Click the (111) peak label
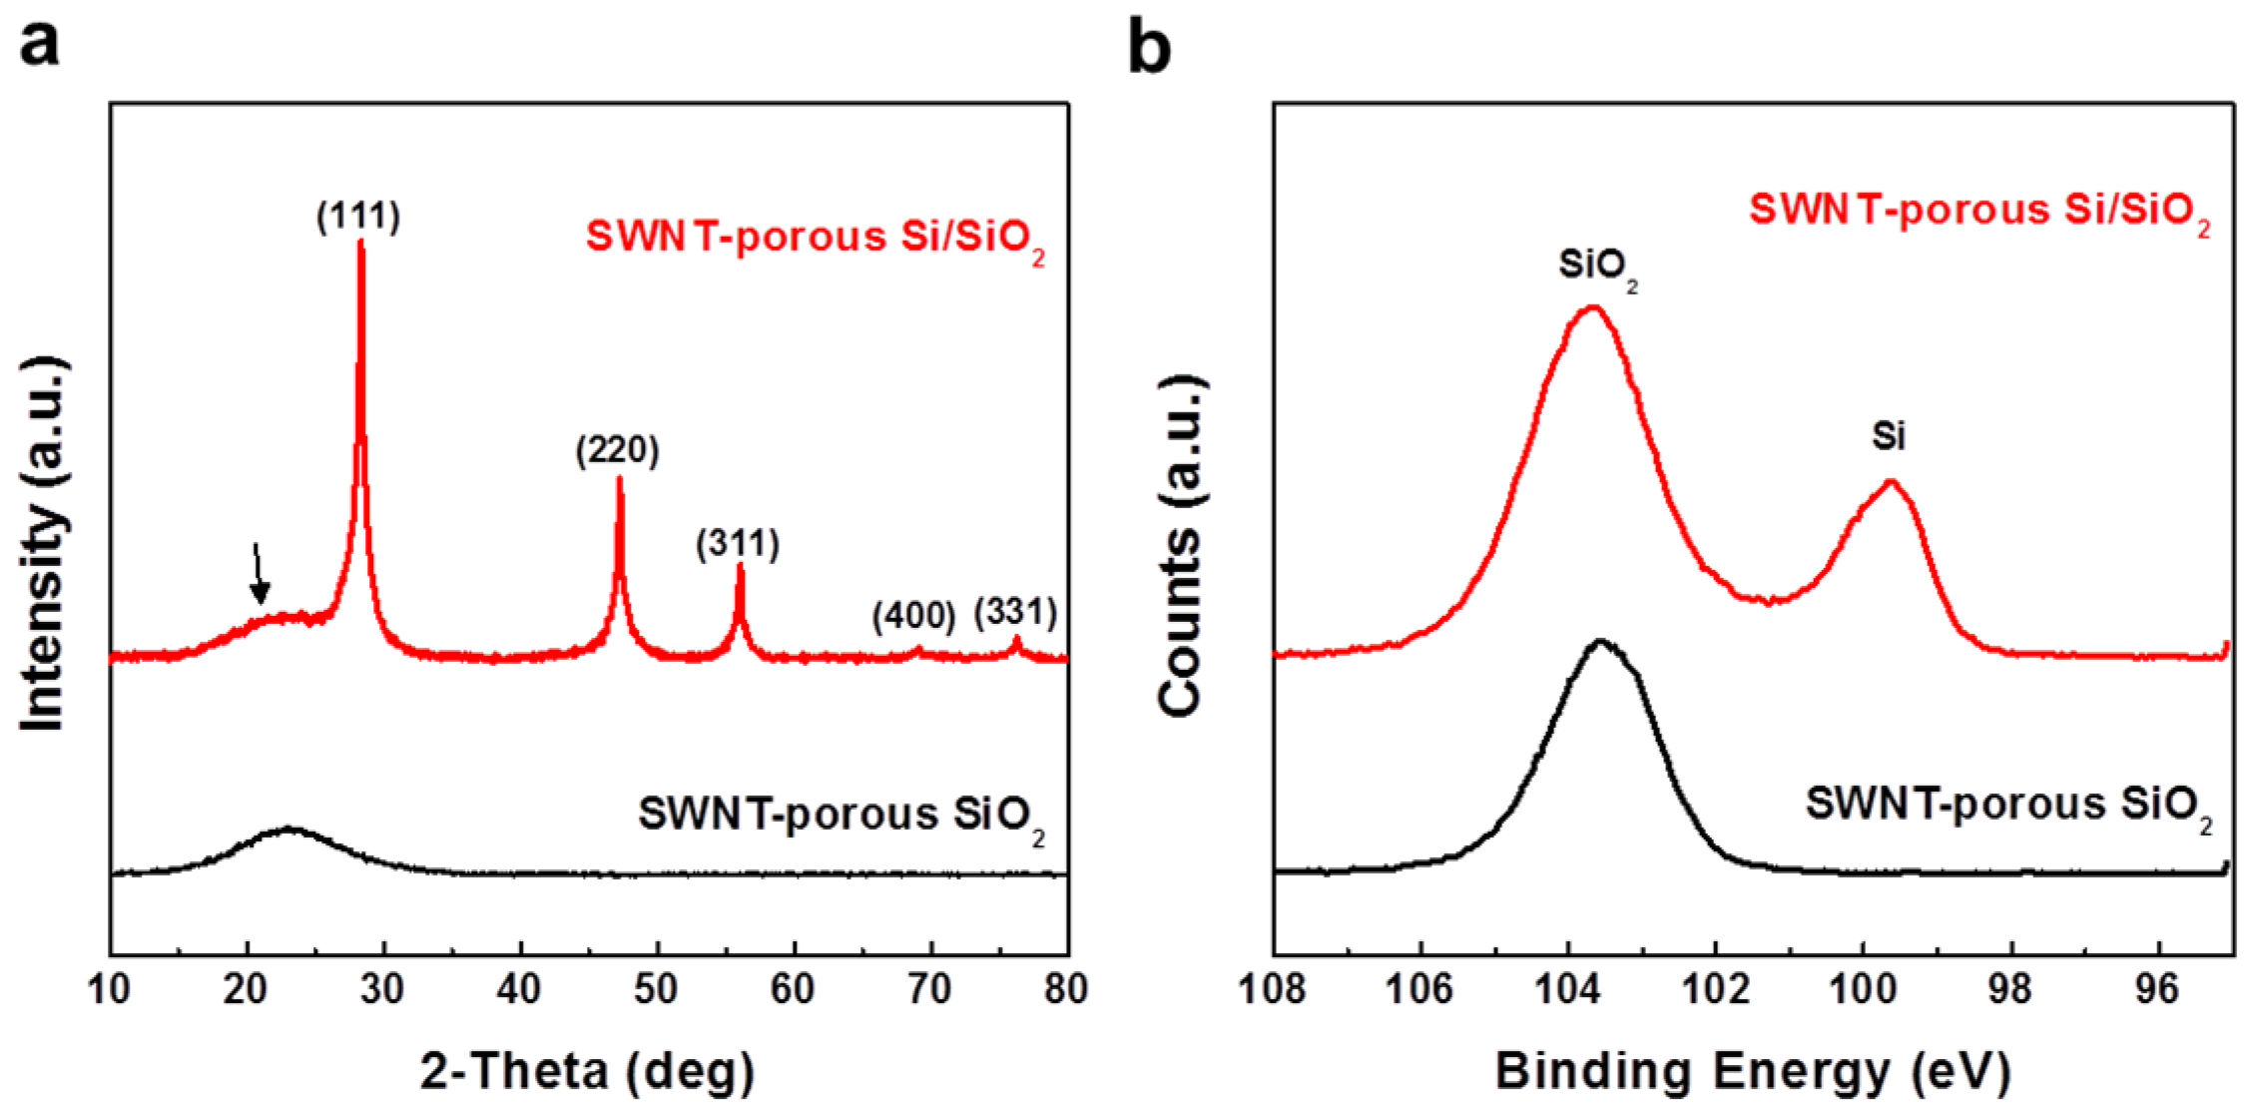click(358, 217)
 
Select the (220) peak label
click(617, 450)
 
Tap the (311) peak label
click(738, 544)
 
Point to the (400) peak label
click(913, 616)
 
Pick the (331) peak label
click(1015, 612)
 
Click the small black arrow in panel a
click(259, 573)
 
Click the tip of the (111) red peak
click(360, 241)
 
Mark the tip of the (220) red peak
click(620, 477)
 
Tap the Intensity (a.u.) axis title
click(44, 543)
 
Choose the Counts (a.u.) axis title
click(1180, 545)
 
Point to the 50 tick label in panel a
click(656, 989)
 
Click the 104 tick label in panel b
click(1568, 989)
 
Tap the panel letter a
click(39, 45)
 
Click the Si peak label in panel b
click(1888, 435)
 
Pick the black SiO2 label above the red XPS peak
click(1598, 268)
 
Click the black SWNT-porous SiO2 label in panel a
click(842, 818)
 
